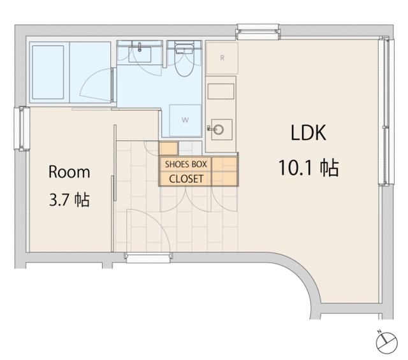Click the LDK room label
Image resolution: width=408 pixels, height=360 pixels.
point(308,133)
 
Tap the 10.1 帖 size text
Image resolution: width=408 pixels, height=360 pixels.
point(309,168)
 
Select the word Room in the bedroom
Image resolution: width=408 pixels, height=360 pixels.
point(69,171)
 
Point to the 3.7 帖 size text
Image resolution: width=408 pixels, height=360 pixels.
point(69,200)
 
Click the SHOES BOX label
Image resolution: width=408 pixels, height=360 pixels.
point(186,164)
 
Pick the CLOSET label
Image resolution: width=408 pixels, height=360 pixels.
point(186,179)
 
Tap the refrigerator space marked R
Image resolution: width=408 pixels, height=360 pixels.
point(222,58)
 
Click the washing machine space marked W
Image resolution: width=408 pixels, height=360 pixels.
point(185,120)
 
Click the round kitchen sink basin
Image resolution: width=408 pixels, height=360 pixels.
point(219,129)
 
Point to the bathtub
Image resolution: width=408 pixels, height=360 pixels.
point(48,72)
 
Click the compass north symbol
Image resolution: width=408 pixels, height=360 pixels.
point(387,343)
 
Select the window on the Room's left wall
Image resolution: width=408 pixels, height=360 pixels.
point(22,129)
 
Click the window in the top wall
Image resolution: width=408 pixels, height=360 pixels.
point(258,32)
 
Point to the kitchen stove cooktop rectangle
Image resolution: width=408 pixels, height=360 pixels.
point(221,91)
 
